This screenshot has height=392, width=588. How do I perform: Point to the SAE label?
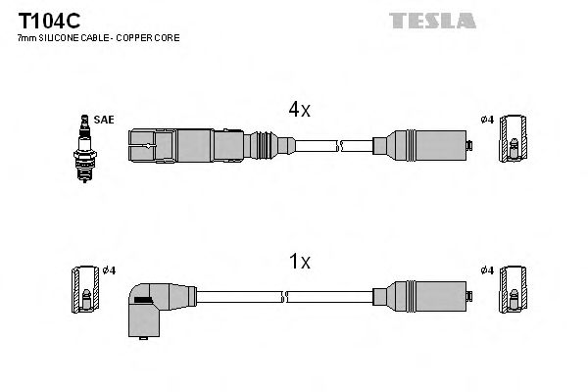point(105,120)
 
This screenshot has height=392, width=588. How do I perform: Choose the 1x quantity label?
point(299,262)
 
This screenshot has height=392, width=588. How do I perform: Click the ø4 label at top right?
point(486,120)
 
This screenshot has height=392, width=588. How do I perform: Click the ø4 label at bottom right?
point(486,269)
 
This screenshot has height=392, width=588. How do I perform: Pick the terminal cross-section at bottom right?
point(513,291)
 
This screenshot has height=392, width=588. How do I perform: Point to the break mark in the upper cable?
point(339,146)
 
